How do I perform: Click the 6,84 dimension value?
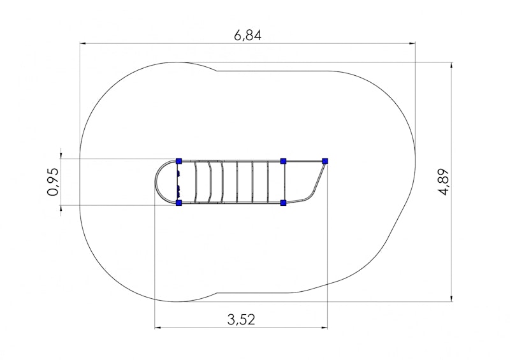click(x=247, y=35)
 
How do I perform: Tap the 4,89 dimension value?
click(x=444, y=182)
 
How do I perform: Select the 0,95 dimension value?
click(x=54, y=182)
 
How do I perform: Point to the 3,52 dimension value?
click(x=241, y=319)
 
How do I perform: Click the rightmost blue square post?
click(x=325, y=161)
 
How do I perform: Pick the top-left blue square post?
click(x=178, y=161)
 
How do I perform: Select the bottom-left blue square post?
click(x=178, y=203)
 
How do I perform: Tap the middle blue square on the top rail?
click(x=283, y=161)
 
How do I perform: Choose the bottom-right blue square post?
click(x=283, y=203)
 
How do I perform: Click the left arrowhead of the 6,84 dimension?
click(x=83, y=43)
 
